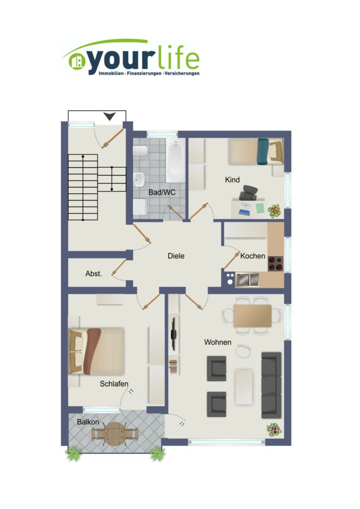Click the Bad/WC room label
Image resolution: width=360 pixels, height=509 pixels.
(x=162, y=192)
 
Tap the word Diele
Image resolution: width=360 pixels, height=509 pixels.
(x=176, y=256)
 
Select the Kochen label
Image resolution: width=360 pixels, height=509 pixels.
(x=253, y=256)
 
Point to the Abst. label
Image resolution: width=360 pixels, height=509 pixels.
(x=93, y=274)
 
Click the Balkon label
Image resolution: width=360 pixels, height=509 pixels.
(x=88, y=422)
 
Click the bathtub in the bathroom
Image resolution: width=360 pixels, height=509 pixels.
(x=176, y=160)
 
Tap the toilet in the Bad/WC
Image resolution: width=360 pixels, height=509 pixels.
(x=140, y=151)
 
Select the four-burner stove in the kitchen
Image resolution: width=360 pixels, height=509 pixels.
(x=275, y=263)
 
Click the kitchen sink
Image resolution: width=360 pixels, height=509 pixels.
(x=247, y=280)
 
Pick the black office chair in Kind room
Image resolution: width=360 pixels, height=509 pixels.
(x=248, y=193)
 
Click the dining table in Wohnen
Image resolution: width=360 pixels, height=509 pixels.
(x=252, y=316)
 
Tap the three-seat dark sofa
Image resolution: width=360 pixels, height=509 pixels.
(x=271, y=385)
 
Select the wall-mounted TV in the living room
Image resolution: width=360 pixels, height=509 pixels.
(x=174, y=334)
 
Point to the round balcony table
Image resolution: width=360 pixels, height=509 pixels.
(x=114, y=433)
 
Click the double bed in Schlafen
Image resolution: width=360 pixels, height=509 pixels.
(x=96, y=351)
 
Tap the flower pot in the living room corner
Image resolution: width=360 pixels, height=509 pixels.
(x=274, y=430)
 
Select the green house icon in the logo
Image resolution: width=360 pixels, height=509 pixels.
(x=77, y=61)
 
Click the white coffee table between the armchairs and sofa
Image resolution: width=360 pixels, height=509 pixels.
(x=244, y=387)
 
